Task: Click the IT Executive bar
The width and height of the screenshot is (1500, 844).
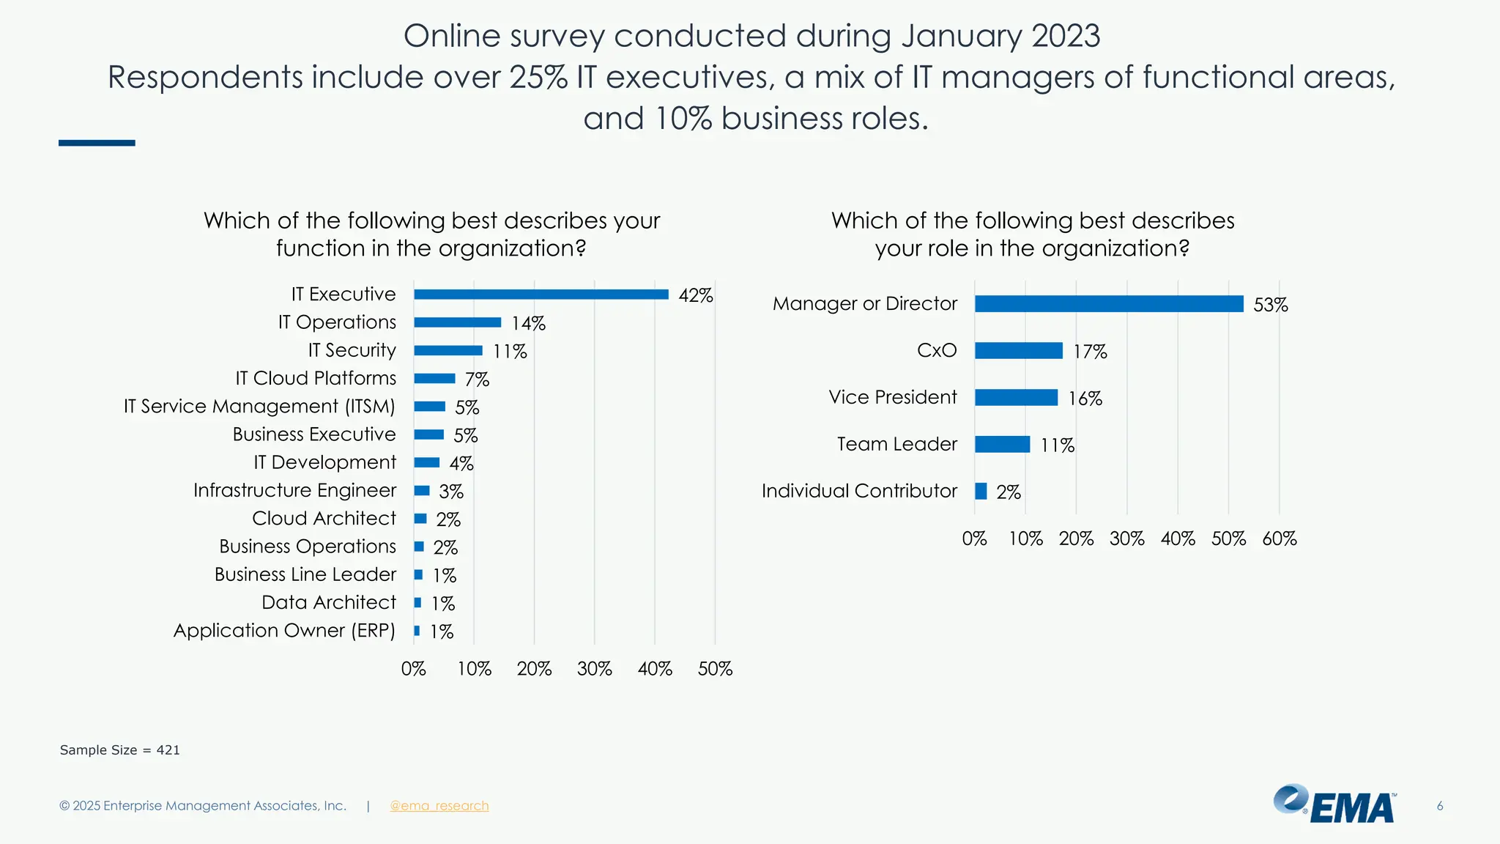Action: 541,295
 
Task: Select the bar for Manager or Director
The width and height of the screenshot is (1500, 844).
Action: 1108,304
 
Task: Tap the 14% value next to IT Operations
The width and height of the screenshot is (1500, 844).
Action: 528,323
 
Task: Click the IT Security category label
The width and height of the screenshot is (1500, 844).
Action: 352,350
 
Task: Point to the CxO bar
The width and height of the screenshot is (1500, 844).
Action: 1018,351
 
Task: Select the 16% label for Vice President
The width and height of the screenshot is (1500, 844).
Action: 1085,399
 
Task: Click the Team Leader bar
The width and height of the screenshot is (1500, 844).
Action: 1002,445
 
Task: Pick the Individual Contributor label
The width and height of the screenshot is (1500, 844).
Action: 859,491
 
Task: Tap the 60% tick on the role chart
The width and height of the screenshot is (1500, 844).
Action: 1279,539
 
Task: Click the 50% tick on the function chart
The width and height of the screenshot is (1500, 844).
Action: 715,669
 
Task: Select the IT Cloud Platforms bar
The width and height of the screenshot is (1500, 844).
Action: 434,379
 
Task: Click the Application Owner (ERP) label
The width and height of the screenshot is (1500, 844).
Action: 284,631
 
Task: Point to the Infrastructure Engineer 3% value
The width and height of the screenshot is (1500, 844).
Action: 451,492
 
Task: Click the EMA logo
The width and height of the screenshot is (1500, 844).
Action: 1334,804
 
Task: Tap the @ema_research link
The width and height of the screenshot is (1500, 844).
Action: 439,806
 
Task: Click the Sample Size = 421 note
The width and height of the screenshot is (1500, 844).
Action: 119,750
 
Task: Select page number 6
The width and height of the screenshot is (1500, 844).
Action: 1439,806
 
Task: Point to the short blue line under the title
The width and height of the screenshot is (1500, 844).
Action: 97,143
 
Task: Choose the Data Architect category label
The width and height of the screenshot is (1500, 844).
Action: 328,602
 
